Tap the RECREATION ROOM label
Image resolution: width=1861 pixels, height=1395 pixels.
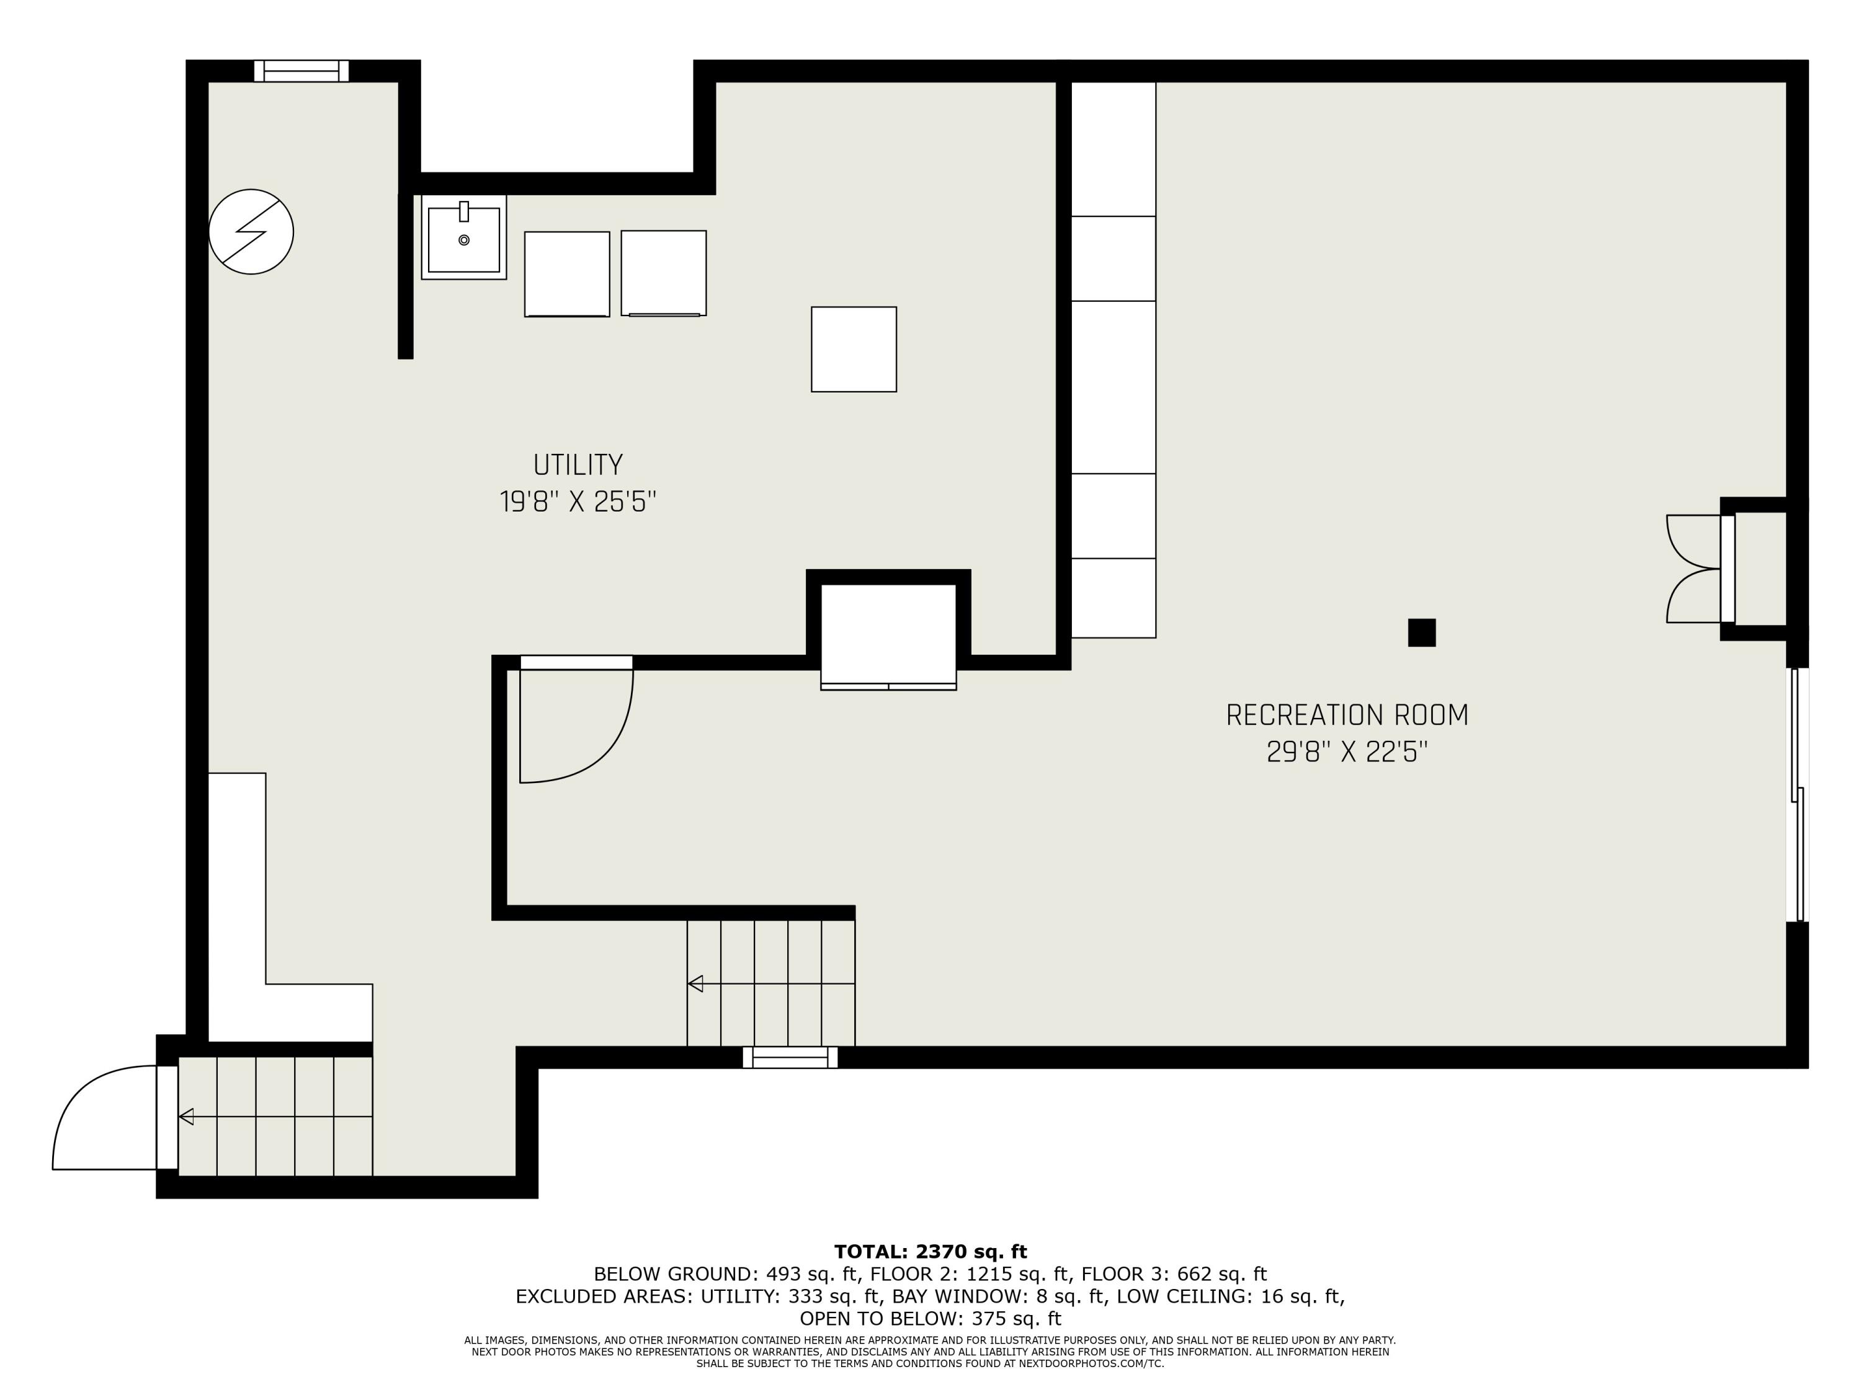point(1346,715)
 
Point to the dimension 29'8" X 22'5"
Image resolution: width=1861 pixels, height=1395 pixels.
point(1346,751)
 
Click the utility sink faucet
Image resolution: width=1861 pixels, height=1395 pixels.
point(463,212)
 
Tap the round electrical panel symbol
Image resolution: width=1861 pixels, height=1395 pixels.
point(251,231)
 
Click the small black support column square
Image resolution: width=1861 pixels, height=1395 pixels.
point(1421,632)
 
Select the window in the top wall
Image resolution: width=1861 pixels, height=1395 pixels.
point(301,71)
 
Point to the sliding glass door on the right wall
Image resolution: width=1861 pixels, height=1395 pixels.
point(1797,795)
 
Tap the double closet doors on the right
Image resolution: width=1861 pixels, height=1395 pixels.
point(1694,569)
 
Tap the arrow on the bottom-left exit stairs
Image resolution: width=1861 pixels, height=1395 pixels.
point(187,1117)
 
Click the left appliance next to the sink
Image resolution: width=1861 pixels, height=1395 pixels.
point(566,274)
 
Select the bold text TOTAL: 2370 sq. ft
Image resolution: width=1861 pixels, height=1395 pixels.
point(930,1251)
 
